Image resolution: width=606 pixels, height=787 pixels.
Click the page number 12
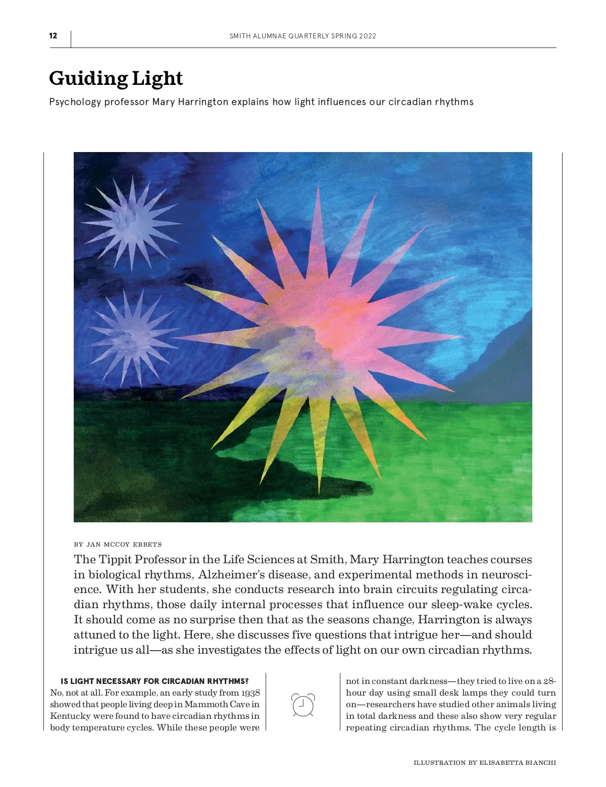(x=53, y=36)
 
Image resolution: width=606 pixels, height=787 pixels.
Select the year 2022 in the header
(x=368, y=36)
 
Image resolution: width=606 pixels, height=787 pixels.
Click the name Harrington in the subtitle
(x=203, y=102)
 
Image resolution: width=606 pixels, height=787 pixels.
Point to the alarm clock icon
(x=303, y=705)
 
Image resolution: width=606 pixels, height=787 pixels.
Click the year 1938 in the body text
(x=250, y=693)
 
